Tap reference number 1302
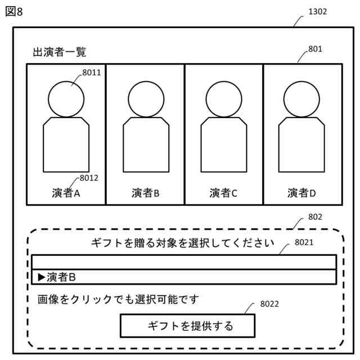coord(317,11)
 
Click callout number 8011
coord(91,72)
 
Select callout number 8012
coord(89,178)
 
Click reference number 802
coord(316,217)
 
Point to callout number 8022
coord(269,304)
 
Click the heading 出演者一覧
coord(59,52)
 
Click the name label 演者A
coord(65,193)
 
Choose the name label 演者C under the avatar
coord(224,193)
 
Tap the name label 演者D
coord(302,193)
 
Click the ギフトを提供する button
coord(187,326)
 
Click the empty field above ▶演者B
coord(183,262)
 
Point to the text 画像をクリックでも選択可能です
coord(118,298)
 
